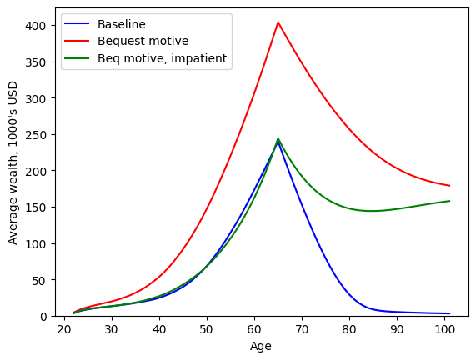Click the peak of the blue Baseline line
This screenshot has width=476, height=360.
[x=278, y=141]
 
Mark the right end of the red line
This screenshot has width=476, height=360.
[x=449, y=186]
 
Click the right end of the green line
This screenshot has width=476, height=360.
[x=449, y=201]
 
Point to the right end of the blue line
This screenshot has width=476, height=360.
[x=449, y=313]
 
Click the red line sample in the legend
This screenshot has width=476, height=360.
[x=81, y=42]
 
